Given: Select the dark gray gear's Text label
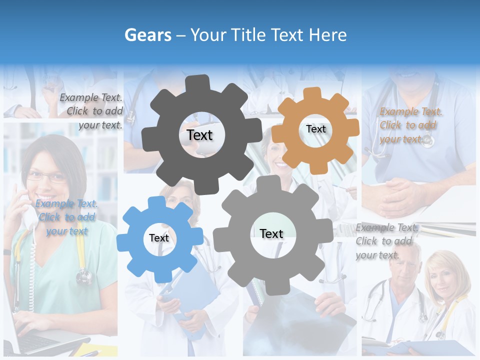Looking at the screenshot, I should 199,135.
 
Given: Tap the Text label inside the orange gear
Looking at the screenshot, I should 315,129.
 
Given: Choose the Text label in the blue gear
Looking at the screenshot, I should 159,238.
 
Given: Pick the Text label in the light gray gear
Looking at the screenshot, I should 271,233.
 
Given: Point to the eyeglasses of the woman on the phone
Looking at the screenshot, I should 46,176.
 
